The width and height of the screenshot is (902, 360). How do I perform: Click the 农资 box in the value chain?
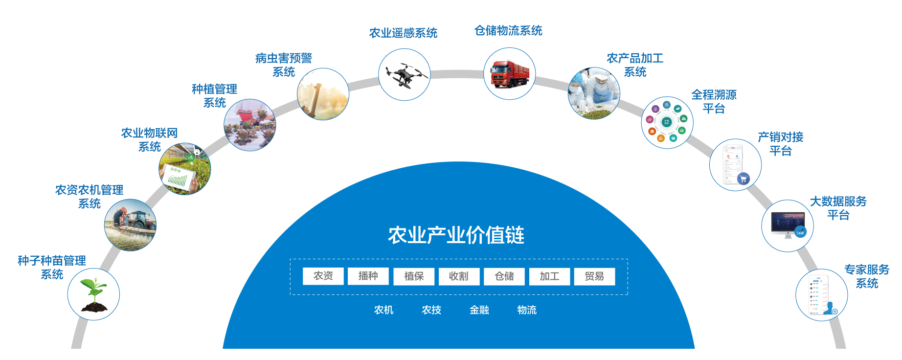click(323, 276)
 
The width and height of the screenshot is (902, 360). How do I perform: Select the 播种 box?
click(368, 276)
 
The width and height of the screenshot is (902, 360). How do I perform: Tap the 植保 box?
click(413, 276)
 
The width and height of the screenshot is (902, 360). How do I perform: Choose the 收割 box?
click(458, 276)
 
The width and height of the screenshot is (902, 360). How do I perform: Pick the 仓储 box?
click(504, 276)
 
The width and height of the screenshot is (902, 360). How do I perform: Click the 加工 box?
click(549, 276)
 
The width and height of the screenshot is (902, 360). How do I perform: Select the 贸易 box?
click(594, 276)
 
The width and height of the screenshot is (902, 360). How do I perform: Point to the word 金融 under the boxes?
click(479, 310)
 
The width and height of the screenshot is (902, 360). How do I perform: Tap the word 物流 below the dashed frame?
click(527, 310)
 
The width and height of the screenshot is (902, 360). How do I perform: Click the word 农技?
click(431, 310)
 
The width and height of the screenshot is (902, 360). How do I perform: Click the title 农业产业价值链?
click(456, 235)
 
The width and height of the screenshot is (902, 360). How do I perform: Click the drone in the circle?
click(405, 75)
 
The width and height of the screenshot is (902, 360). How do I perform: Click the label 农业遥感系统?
click(403, 33)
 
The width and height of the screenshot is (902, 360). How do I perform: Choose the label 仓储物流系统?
click(508, 31)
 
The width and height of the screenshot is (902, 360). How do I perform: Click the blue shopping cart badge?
click(743, 179)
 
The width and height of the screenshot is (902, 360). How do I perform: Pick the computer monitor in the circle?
click(787, 224)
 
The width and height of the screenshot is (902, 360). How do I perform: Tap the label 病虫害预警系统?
click(284, 65)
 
